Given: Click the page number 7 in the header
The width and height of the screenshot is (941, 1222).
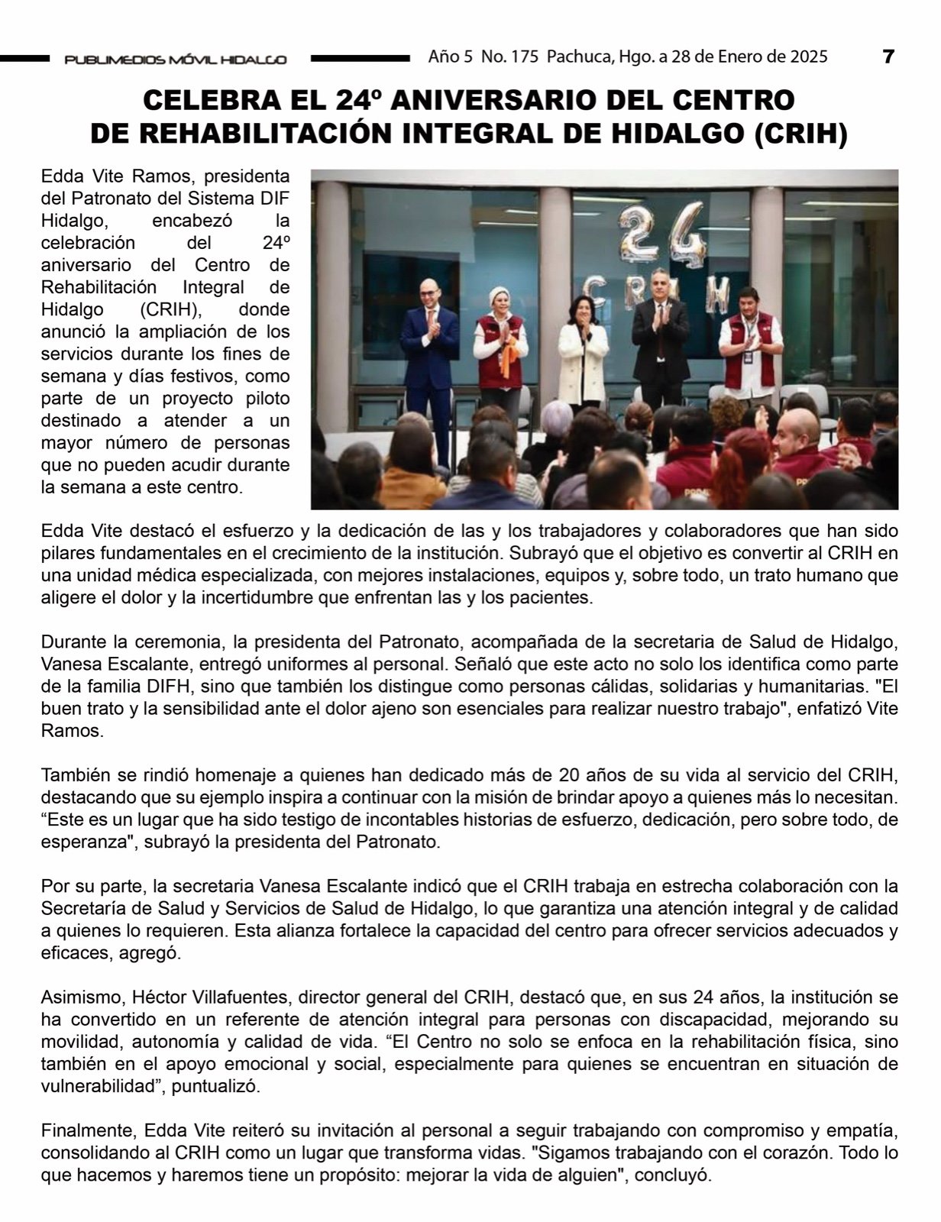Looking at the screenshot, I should (888, 57).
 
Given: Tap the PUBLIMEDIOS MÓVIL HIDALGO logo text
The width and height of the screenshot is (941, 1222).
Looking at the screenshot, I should (176, 59).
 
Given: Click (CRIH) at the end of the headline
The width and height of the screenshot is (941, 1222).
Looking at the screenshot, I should (800, 134).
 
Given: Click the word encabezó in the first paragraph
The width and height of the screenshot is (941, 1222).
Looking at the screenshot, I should (189, 221).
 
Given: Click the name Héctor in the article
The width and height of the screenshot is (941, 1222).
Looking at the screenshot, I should (163, 997).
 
